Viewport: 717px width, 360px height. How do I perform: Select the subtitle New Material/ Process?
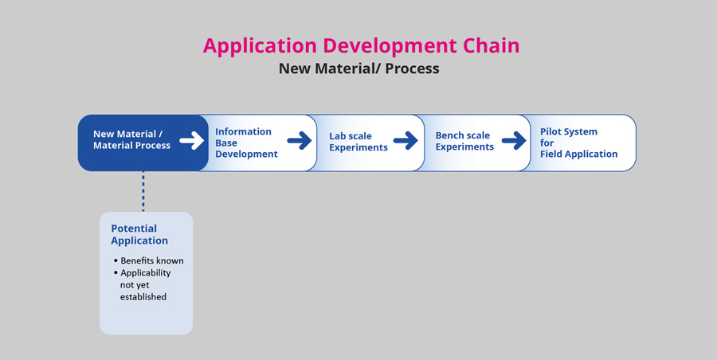point(359,68)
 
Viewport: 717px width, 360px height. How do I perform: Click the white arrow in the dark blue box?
point(191,140)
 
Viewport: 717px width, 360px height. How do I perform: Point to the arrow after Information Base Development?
point(300,140)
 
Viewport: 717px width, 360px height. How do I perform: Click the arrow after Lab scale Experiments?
point(406,140)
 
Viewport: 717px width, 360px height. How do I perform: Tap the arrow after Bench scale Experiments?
point(514,140)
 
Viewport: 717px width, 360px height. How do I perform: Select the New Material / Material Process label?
point(131,139)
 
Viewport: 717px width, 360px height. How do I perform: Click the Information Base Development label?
point(246,143)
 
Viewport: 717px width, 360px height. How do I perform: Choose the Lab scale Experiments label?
point(358,142)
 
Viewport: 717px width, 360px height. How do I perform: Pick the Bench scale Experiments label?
point(464,141)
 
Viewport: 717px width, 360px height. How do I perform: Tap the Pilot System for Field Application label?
point(579,143)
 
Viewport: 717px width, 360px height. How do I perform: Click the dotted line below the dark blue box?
point(143,191)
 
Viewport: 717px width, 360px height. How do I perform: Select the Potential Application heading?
point(139,235)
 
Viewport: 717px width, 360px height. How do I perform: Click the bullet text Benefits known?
point(152,260)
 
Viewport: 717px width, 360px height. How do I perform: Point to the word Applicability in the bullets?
point(146,273)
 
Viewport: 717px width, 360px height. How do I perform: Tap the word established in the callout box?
point(143,297)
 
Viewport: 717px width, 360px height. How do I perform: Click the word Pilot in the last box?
point(550,131)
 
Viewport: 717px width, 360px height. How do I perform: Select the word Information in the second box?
point(243,131)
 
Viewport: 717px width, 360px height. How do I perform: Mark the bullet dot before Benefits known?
point(116,260)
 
